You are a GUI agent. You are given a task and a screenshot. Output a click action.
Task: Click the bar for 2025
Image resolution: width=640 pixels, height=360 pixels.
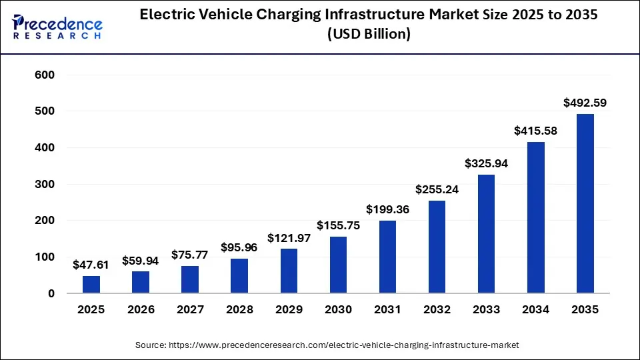(91, 284)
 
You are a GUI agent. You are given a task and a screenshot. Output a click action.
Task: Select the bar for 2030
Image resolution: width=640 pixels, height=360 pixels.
(338, 265)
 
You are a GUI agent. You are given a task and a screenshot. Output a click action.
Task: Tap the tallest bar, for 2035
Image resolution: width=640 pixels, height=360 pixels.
(585, 203)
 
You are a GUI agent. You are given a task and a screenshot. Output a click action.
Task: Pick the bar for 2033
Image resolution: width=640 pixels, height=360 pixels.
(486, 233)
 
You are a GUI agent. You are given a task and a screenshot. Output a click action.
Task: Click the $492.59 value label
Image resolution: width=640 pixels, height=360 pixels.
(585, 103)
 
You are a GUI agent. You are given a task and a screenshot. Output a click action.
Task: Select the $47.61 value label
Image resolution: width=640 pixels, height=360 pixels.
(91, 265)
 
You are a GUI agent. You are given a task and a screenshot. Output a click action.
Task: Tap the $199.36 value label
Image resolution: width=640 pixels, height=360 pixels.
(387, 209)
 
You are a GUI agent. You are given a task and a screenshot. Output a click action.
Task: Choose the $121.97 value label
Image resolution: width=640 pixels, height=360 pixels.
(289, 237)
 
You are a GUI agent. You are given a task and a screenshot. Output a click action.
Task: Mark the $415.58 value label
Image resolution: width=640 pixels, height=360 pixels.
(535, 131)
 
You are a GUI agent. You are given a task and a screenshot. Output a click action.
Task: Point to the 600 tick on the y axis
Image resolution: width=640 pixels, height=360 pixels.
(44, 75)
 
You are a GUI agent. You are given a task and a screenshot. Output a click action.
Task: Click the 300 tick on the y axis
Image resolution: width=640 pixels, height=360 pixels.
(44, 184)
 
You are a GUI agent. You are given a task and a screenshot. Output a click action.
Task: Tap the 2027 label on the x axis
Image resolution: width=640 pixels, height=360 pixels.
(190, 309)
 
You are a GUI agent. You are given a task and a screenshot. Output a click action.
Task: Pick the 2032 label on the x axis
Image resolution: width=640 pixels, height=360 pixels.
(437, 309)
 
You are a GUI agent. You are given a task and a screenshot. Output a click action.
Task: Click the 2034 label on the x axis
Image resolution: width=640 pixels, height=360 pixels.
(535, 309)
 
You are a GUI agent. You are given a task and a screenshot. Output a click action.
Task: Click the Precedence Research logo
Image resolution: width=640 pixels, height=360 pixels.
(57, 26)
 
